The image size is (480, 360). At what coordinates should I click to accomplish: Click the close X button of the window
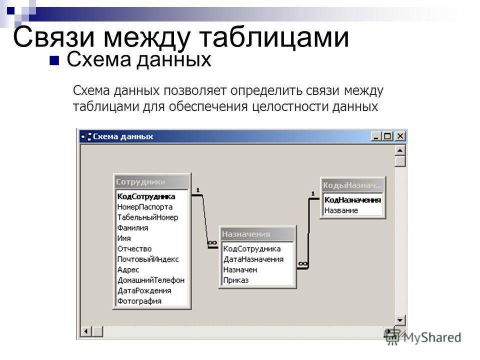click(400, 136)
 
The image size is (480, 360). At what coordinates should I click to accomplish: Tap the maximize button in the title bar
click(388, 136)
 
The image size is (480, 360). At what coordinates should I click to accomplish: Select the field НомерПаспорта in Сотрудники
click(145, 207)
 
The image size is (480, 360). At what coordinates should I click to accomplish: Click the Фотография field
click(139, 301)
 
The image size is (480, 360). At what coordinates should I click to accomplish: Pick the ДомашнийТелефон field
click(151, 280)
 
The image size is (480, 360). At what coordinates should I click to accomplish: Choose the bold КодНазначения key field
click(352, 200)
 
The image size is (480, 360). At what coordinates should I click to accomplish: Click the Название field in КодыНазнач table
click(341, 210)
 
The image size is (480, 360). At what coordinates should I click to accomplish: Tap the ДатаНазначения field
click(253, 259)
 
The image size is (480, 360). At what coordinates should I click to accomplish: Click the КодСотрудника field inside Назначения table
click(251, 249)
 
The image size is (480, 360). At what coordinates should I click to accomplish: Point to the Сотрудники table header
click(152, 182)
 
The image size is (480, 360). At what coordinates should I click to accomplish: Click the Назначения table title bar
click(257, 234)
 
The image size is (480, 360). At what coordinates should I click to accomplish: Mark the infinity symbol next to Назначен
click(303, 263)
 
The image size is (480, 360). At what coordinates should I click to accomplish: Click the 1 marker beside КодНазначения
click(313, 193)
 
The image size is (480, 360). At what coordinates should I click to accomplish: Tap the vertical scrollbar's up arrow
click(400, 150)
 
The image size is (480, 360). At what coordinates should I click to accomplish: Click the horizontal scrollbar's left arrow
click(86, 331)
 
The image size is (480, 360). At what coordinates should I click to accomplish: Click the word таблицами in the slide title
click(274, 37)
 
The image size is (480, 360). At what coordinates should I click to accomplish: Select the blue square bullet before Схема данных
click(54, 60)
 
